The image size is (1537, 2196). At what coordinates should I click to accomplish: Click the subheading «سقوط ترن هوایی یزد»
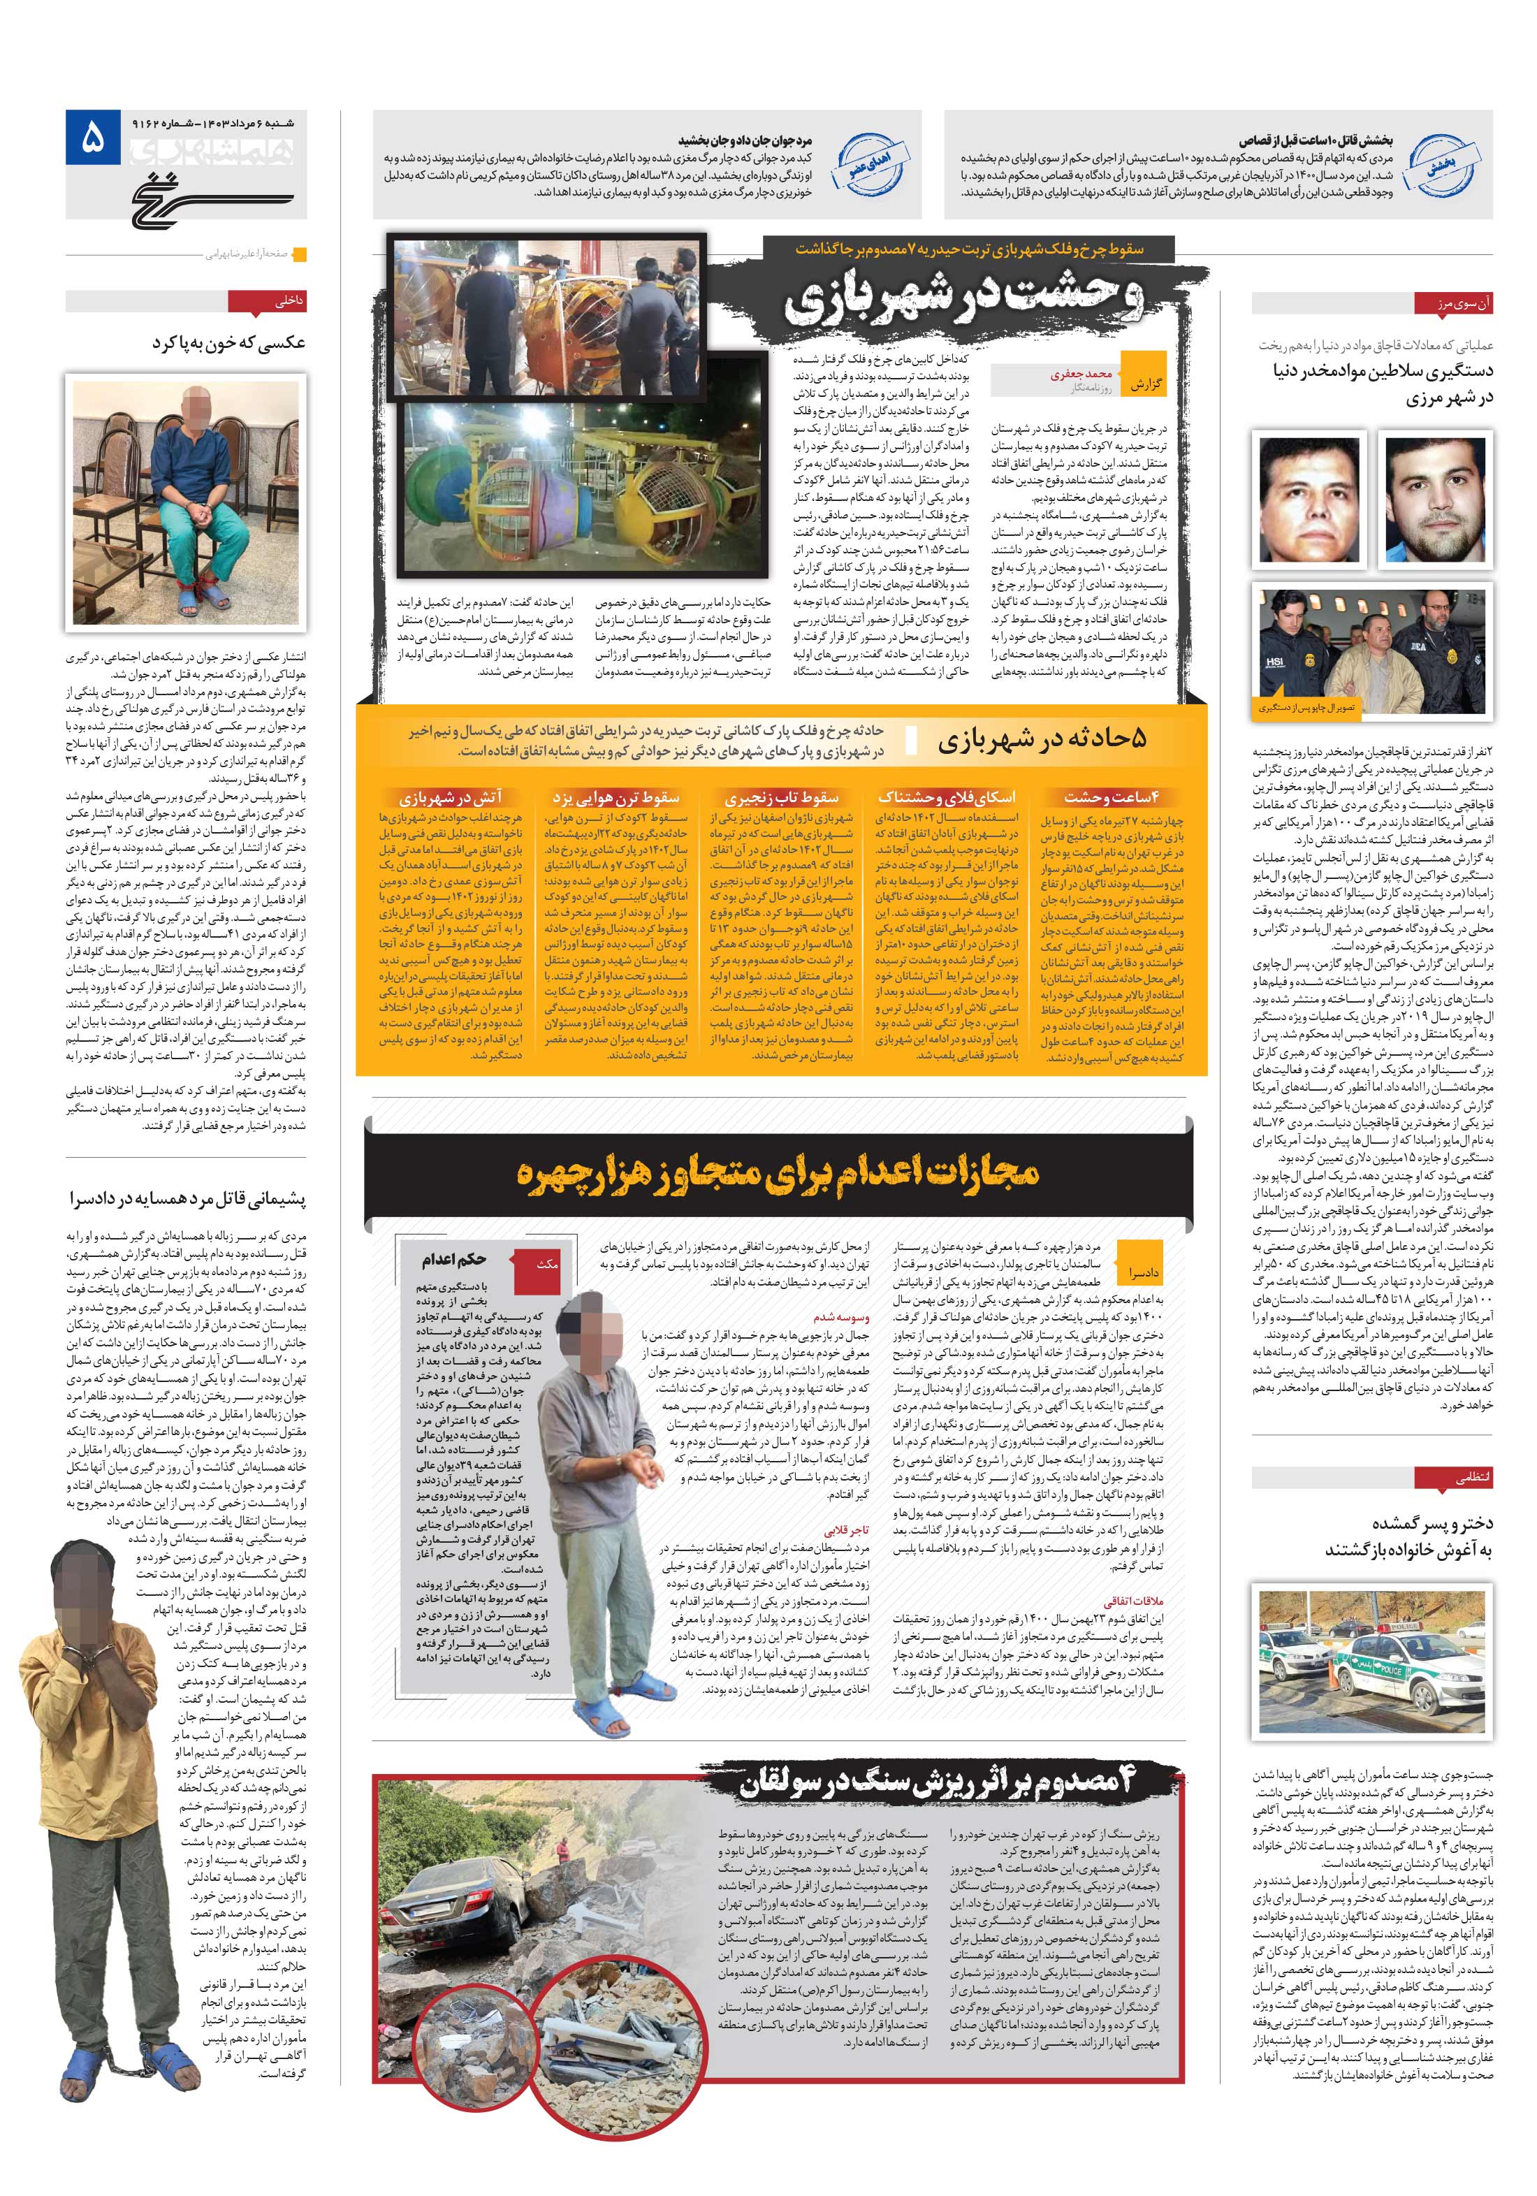coord(615,797)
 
